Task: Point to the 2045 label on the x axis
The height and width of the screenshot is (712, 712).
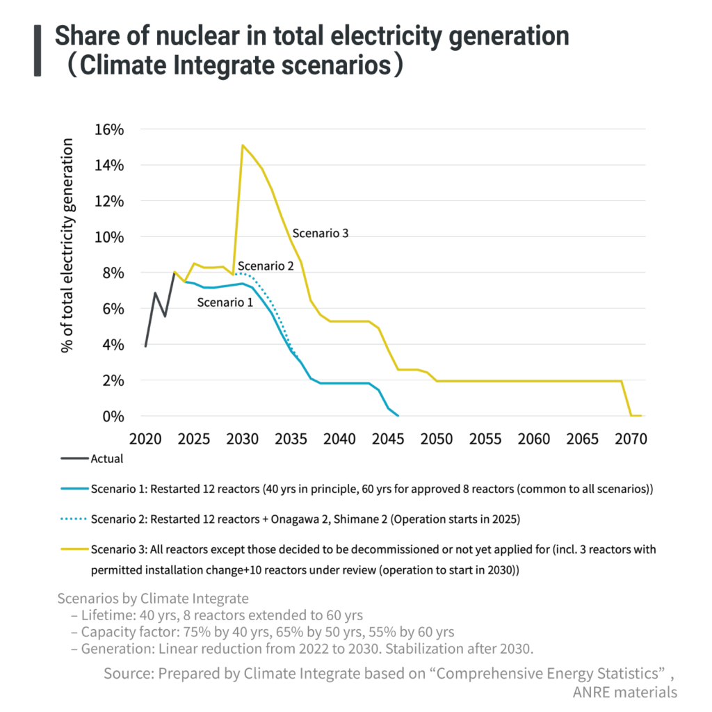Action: tap(388, 439)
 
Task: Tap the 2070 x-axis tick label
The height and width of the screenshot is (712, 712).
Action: tap(631, 439)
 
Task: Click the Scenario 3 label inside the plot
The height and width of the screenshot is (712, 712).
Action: tap(320, 233)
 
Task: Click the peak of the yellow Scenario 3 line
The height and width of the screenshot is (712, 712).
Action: tap(242, 145)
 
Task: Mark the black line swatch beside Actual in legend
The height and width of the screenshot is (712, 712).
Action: tap(74, 458)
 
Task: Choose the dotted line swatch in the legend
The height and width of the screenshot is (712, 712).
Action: tap(74, 519)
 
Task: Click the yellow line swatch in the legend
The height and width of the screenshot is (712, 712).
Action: tap(74, 549)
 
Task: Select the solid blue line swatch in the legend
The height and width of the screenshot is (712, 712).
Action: tap(74, 489)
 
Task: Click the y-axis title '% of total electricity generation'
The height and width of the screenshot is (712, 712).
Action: tap(67, 245)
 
